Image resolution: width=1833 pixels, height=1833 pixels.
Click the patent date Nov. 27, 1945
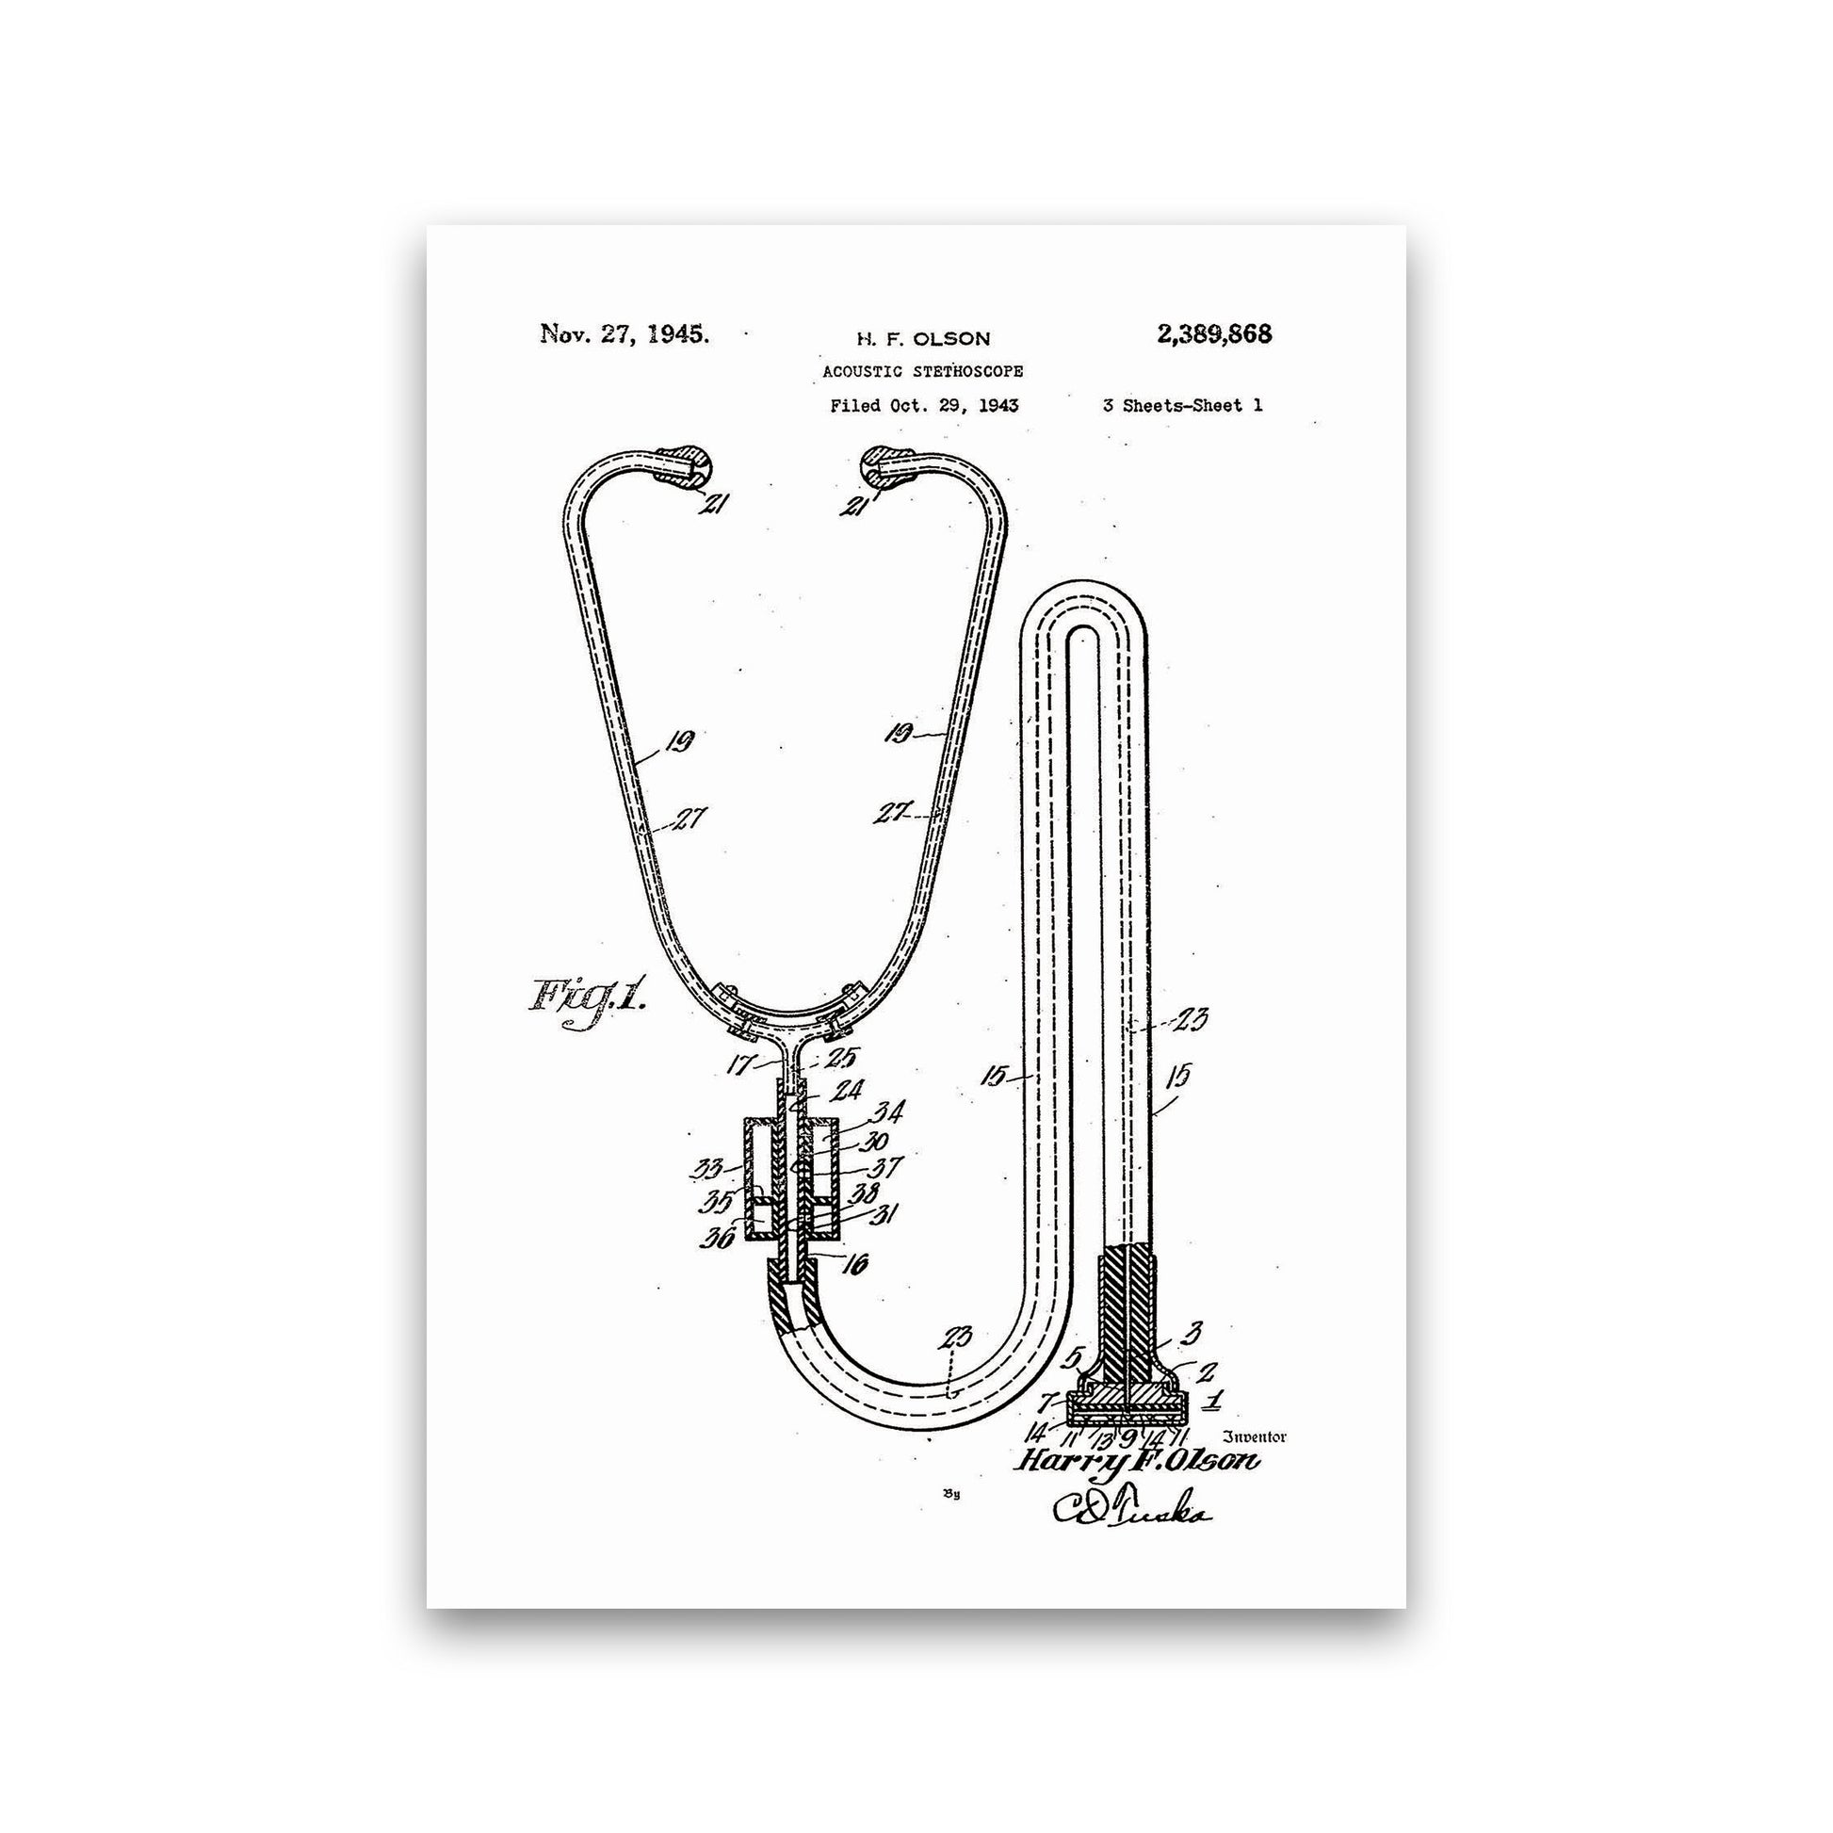pos(625,334)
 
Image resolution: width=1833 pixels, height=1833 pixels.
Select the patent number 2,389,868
pos(1214,334)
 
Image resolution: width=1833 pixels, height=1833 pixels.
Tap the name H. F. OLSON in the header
pos(923,339)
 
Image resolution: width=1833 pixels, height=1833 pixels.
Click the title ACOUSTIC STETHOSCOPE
pos(922,371)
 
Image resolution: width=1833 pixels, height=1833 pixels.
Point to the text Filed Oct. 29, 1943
pos(924,406)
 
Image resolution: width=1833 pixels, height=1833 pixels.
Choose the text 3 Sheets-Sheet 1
pos(1182,405)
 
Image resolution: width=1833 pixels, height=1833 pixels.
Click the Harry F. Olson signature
pos(1138,1462)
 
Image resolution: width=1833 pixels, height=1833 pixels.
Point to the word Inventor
pos(1256,1436)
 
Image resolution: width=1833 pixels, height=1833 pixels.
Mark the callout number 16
pos(855,1263)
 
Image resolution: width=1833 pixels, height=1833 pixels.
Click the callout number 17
pos(742,1065)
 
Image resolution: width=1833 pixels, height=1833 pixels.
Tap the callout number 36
pos(719,1237)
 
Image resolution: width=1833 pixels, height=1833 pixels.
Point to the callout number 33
pos(707,1169)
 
